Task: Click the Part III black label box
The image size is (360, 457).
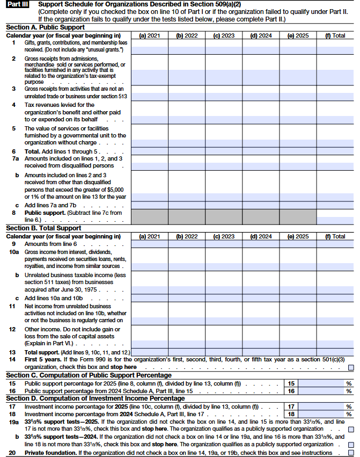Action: tap(17, 4)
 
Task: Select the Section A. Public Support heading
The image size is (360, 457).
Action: tap(45, 27)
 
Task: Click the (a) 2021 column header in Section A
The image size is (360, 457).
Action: tap(150, 35)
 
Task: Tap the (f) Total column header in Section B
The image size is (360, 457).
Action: tap(335, 236)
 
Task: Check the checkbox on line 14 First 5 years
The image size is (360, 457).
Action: tap(351, 368)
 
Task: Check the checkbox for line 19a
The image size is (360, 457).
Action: tap(351, 430)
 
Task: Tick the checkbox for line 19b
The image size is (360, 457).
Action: tap(351, 445)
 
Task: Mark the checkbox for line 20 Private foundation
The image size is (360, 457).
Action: tap(351, 453)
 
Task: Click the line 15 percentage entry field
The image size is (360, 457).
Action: tap(321, 383)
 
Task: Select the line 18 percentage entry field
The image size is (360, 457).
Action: tap(321, 414)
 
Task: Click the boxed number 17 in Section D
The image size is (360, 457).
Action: tap(290, 407)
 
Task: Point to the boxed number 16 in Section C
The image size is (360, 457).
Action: tap(290, 391)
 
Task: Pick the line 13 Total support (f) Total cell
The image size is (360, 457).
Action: tap(335, 352)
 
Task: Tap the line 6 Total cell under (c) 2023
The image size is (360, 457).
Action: tap(224, 151)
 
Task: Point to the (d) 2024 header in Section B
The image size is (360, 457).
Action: tap(261, 236)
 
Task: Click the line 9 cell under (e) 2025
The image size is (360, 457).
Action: tap(298, 244)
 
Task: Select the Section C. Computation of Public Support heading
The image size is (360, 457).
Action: tap(89, 375)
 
